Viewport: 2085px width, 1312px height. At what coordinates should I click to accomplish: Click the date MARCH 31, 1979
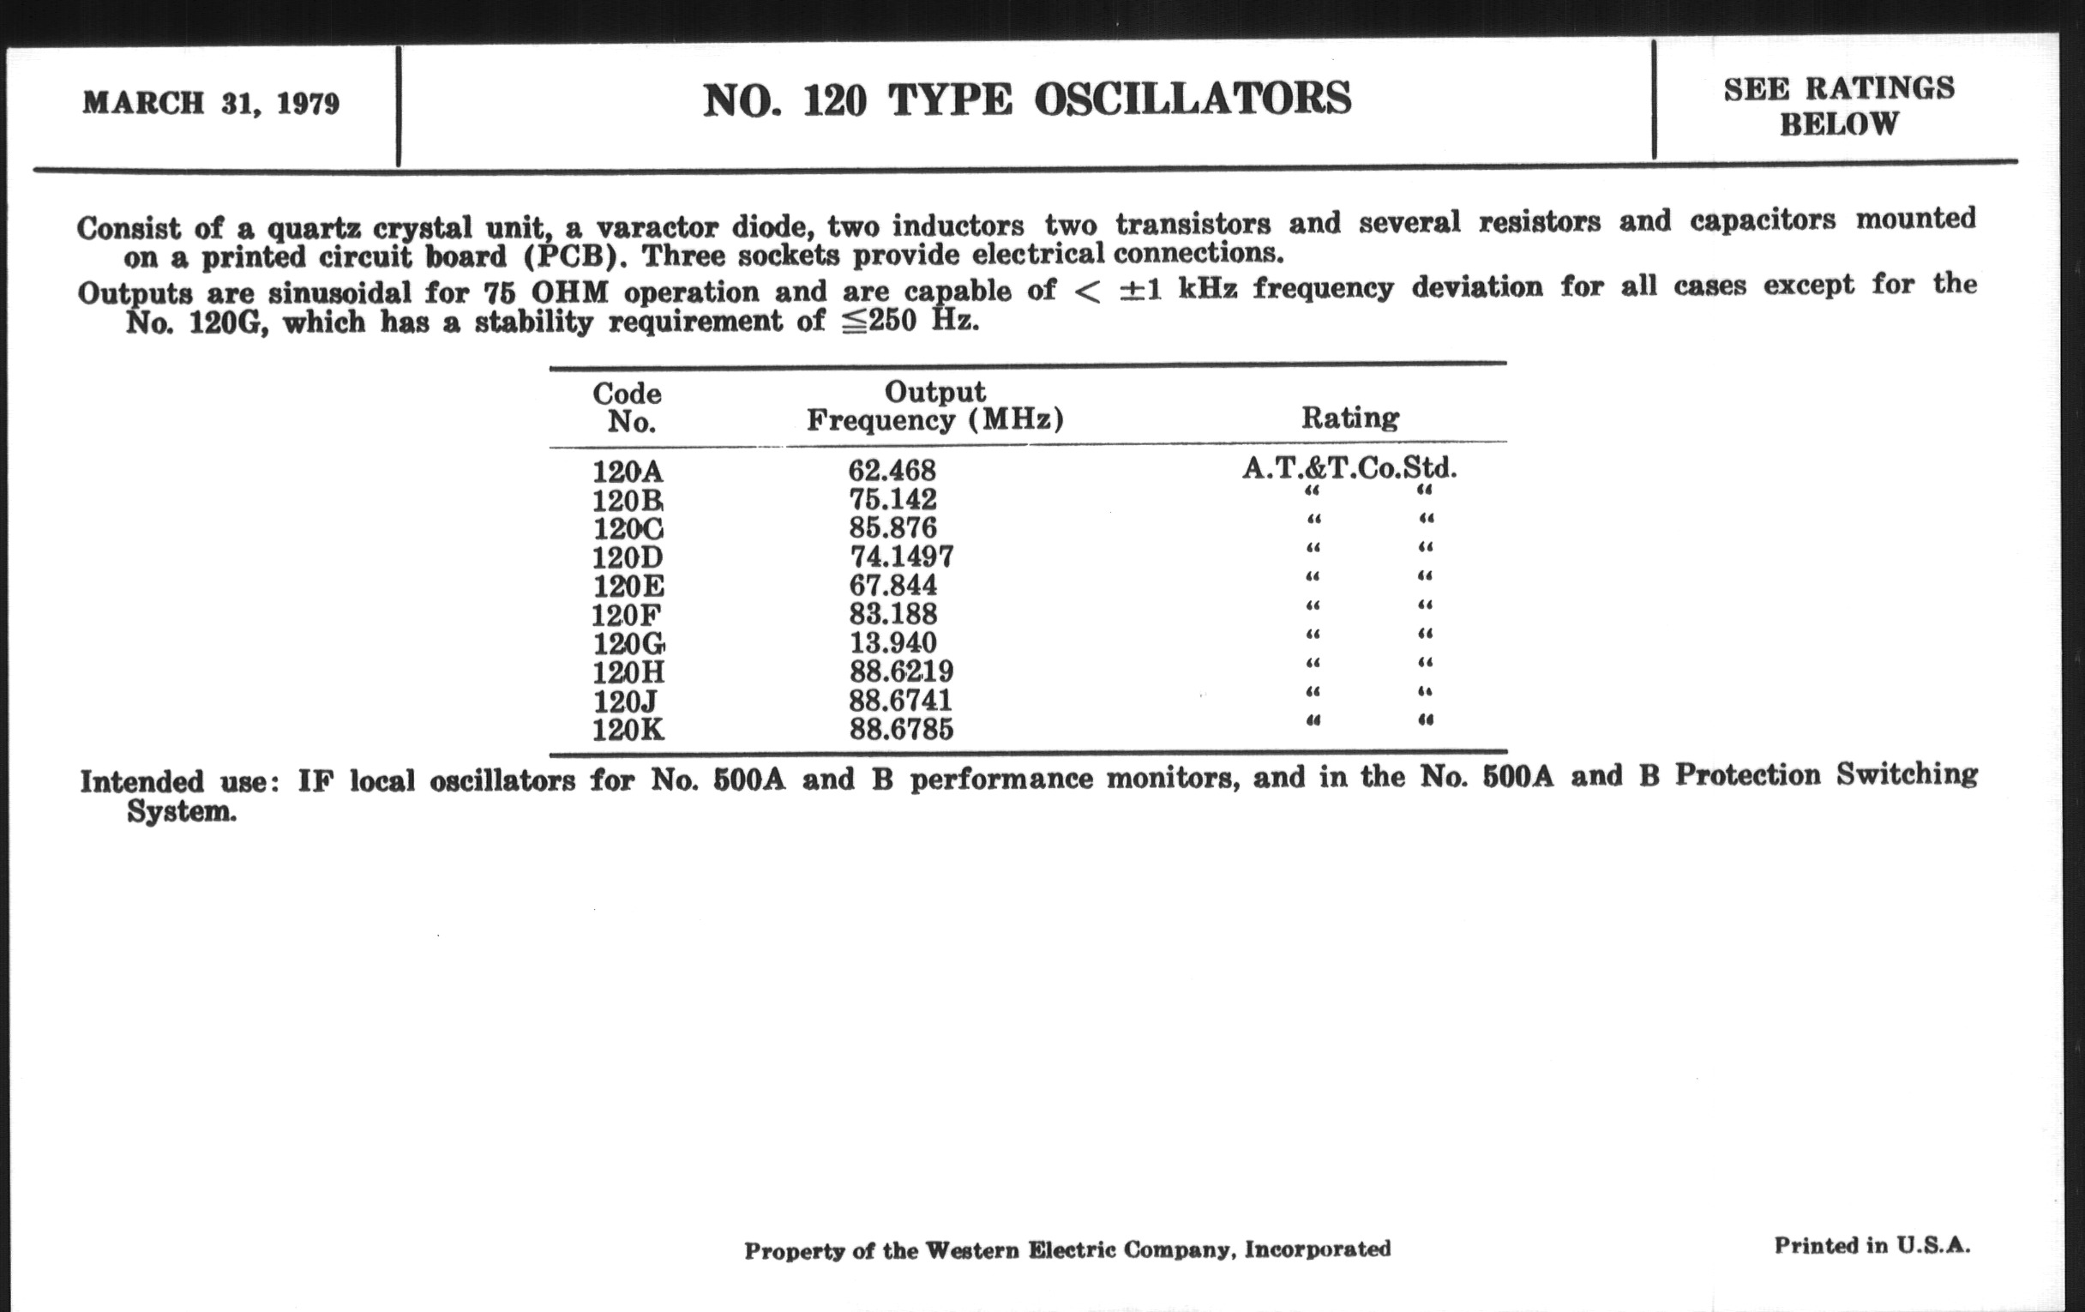211,104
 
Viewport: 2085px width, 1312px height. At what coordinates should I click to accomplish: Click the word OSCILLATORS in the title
1193,99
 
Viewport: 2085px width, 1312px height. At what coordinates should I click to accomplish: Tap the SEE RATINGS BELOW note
1838,106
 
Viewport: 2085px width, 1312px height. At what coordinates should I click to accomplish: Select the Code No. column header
627,408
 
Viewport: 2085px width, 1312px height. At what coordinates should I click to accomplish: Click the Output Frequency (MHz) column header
935,406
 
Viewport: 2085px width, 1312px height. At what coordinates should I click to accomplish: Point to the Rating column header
1350,418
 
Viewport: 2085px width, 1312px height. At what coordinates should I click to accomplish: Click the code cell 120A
628,472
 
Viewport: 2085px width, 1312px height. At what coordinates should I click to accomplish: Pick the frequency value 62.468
892,470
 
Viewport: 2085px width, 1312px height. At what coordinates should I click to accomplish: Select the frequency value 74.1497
901,556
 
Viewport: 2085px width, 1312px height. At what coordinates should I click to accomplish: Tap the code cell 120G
628,643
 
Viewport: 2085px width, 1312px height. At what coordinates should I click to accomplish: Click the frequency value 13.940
892,642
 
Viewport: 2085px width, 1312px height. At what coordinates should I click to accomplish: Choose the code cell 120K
628,730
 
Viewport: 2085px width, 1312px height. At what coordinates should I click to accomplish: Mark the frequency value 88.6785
901,729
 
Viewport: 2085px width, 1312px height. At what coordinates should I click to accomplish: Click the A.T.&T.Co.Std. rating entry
1349,468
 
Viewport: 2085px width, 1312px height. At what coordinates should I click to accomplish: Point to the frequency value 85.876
892,527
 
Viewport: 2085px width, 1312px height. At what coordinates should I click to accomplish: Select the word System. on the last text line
181,812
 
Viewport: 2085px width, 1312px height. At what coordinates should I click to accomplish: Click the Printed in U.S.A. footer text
1872,1245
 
